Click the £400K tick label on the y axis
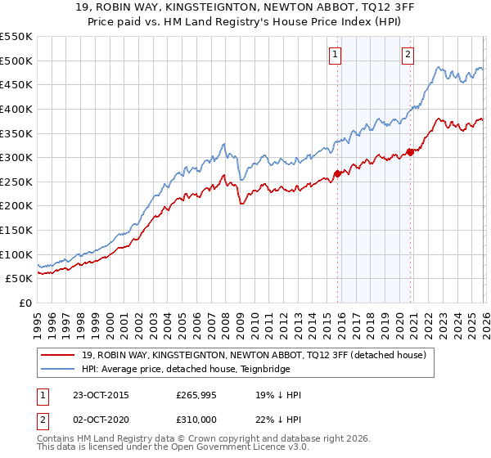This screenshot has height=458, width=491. tap(16, 109)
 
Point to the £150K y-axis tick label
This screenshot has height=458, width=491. tap(16, 230)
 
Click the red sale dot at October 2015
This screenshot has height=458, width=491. tap(337, 173)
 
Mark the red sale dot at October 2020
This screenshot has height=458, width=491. tap(410, 152)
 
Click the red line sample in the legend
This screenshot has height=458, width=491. tap(57, 356)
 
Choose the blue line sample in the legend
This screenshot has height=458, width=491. tap(57, 370)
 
